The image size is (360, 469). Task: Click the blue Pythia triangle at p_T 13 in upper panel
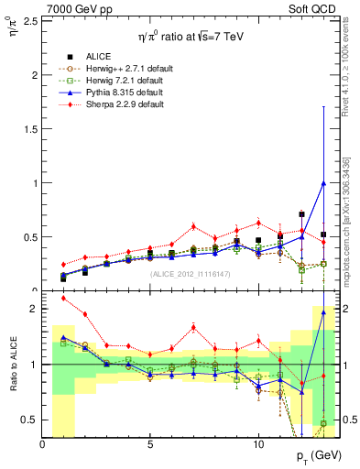click(322, 182)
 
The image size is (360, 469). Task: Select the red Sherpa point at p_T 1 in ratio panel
click(63, 298)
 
